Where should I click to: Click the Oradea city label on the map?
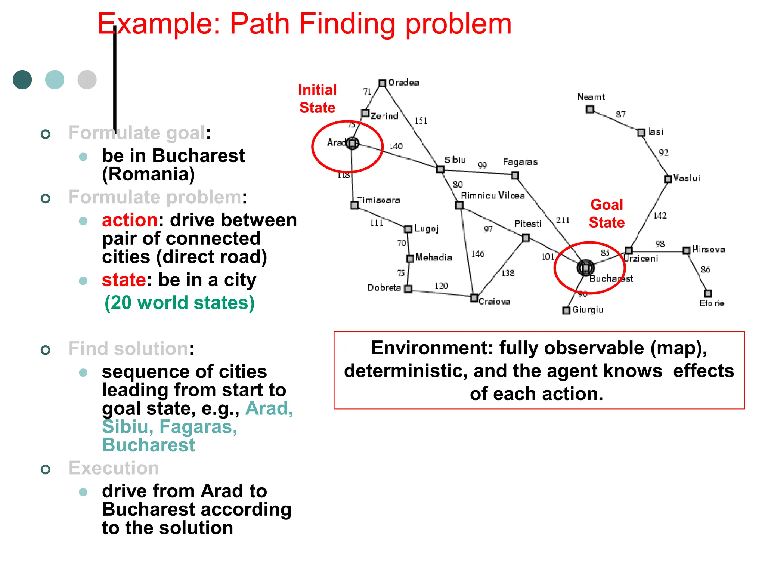pos(403,83)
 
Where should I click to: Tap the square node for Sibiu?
pos(440,169)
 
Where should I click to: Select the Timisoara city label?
pos(378,200)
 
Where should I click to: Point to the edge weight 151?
pos(421,121)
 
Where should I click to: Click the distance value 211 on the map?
pos(563,220)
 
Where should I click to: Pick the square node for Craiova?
pos(474,298)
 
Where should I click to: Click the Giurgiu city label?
pos(588,310)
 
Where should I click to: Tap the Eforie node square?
pos(708,293)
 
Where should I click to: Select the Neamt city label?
pos(591,97)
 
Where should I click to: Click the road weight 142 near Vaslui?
pos(660,216)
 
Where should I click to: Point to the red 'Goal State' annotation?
pos(607,213)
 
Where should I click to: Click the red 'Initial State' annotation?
pos(318,99)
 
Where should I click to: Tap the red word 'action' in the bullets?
pos(130,220)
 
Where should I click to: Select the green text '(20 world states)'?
pos(179,303)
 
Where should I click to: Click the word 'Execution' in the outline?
pos(114,468)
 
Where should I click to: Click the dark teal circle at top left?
pos(22,80)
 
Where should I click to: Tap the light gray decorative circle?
pos(87,80)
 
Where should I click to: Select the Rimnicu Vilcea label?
pos(493,195)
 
